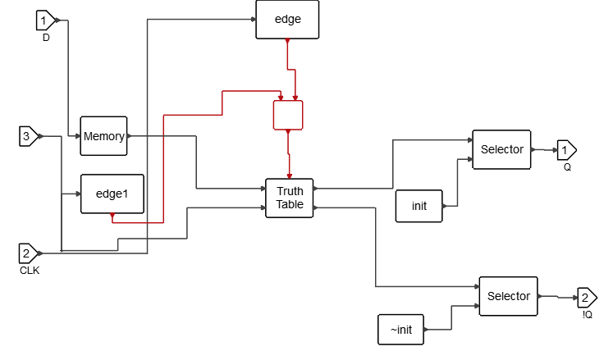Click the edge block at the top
click(287, 20)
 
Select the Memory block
click(103, 136)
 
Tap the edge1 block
click(112, 194)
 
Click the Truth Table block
click(290, 198)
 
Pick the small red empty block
click(288, 115)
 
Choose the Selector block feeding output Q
click(501, 149)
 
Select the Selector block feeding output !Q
click(508, 296)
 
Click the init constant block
click(419, 206)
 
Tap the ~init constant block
click(401, 330)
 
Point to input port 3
click(28, 136)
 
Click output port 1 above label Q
click(566, 150)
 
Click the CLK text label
click(30, 270)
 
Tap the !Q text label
click(588, 314)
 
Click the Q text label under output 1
click(566, 166)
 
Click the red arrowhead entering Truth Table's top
click(290, 174)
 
